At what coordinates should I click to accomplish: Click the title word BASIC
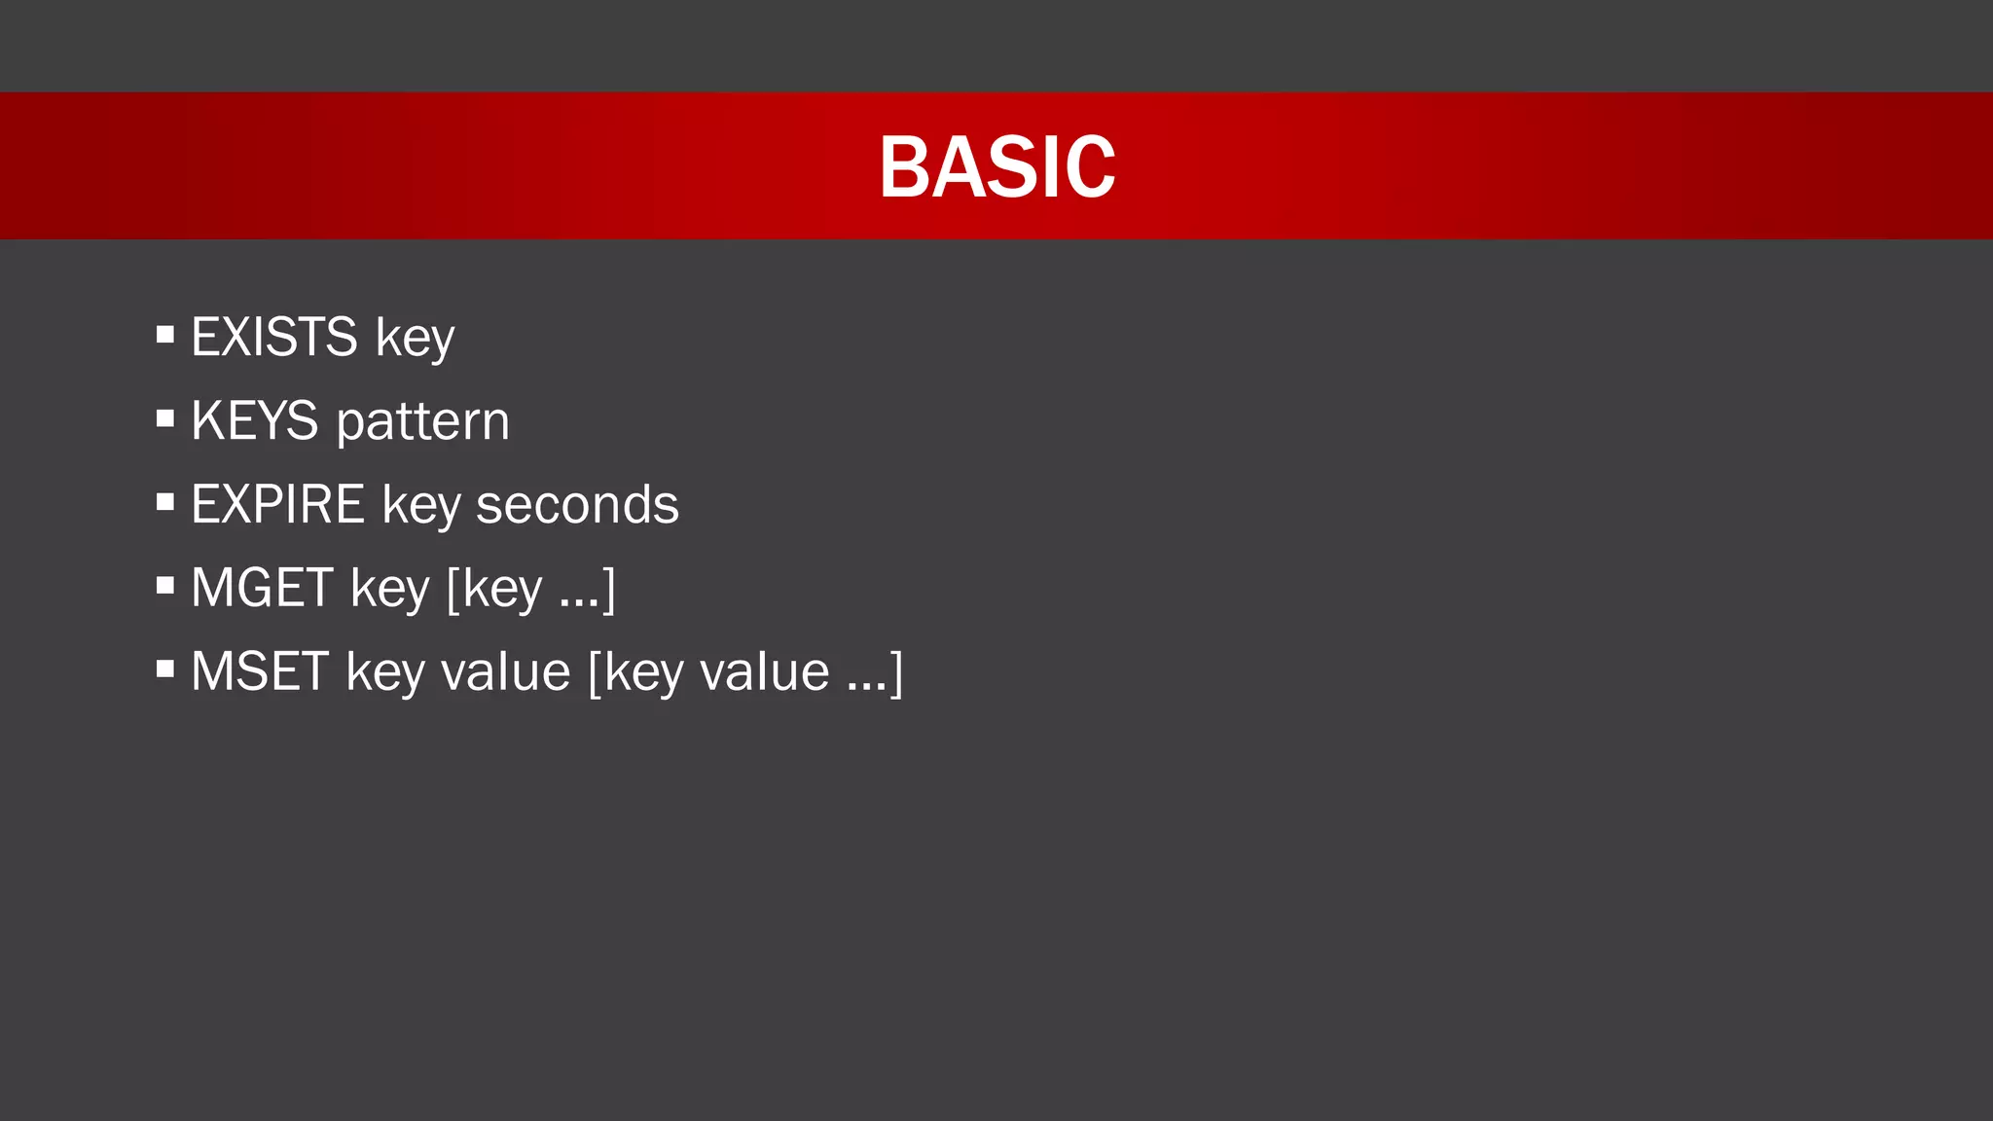click(996, 167)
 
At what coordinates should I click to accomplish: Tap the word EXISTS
click(274, 337)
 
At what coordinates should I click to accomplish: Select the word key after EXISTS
click(416, 339)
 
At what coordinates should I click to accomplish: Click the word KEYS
click(254, 420)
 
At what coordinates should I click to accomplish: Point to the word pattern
click(422, 422)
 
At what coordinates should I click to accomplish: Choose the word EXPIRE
click(277, 504)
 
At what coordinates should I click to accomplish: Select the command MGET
click(262, 588)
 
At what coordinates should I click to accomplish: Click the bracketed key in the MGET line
click(501, 590)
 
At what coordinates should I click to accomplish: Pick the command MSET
click(260, 671)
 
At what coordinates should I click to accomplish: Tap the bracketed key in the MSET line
click(642, 673)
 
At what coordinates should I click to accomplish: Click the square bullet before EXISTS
click(165, 336)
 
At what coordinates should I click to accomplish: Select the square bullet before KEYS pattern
click(165, 419)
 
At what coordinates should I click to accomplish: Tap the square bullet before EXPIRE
click(165, 503)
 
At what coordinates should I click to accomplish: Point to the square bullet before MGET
click(165, 586)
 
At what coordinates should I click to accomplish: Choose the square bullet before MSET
click(165, 669)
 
